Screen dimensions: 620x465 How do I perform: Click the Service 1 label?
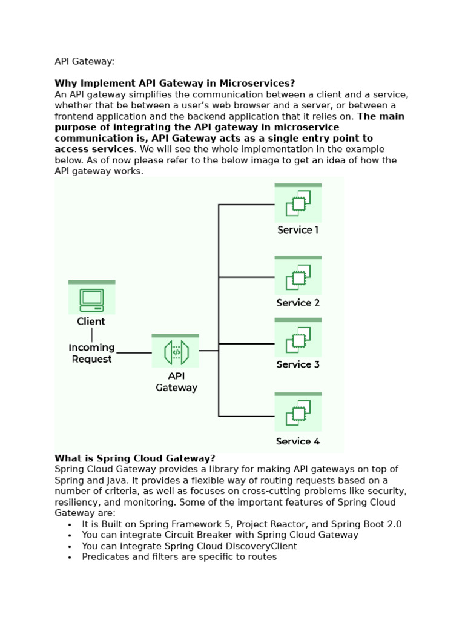coord(298,230)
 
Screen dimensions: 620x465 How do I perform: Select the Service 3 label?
coord(298,364)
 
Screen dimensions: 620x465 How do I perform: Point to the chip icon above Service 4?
coord(298,414)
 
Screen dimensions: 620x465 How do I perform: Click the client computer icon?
coord(91,300)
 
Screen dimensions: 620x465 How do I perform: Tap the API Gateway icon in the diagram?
coord(176,352)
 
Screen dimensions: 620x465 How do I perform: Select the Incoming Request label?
coord(91,353)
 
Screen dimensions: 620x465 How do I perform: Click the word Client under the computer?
coord(91,322)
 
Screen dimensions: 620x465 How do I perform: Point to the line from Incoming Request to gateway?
coord(134,352)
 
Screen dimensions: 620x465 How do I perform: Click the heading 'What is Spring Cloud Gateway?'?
coord(135,458)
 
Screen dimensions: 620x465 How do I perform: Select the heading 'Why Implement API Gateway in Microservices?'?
coord(175,84)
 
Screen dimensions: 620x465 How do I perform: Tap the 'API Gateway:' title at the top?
coord(85,62)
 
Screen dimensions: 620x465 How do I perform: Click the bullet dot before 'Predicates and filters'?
coord(70,558)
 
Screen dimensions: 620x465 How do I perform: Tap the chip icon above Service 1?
coord(298,203)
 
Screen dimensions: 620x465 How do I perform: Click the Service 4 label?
coord(298,441)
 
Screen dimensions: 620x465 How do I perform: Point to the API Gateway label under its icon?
coord(176,382)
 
